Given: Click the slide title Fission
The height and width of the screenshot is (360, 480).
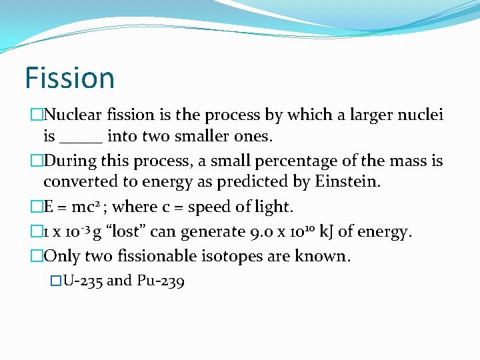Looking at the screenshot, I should pos(69,77).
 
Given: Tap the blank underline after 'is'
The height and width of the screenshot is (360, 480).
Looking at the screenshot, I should pos(81,138).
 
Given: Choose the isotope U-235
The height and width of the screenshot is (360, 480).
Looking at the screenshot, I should pos(82,281).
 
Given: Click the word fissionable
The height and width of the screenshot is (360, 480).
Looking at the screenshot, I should pos(163,255).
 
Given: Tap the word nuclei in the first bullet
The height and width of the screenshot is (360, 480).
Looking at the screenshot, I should pos(423,115).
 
